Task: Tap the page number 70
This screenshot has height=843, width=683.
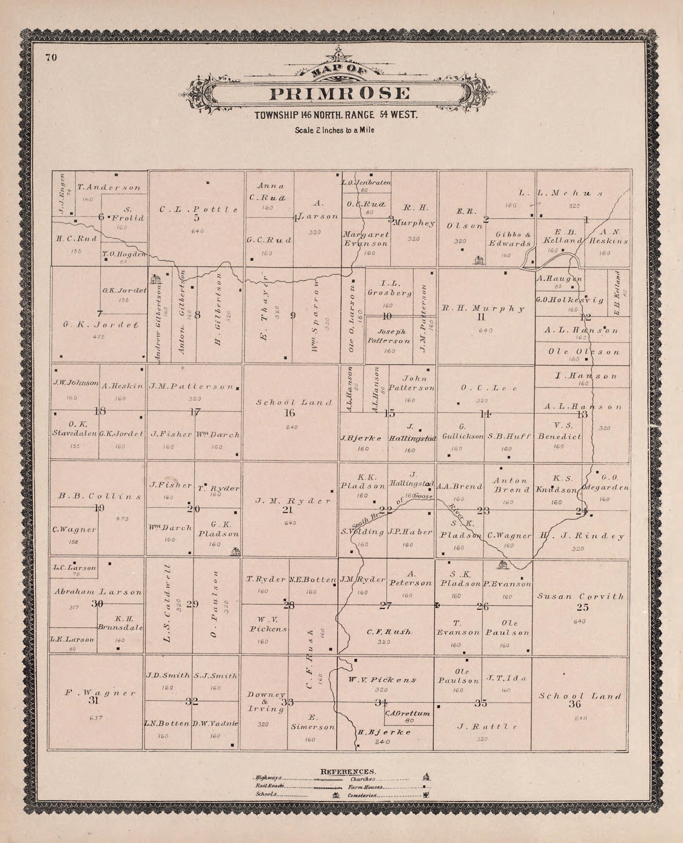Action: tap(51, 57)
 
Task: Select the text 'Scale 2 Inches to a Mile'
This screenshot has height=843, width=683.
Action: tap(335, 130)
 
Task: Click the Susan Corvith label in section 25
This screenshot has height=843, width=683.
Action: tap(580, 596)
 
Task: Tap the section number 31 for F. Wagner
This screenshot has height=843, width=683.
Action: tap(93, 700)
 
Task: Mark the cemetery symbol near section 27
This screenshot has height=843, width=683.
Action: tap(437, 605)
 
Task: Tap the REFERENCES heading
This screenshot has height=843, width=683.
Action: tap(348, 771)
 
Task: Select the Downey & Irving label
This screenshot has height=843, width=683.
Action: tap(266, 702)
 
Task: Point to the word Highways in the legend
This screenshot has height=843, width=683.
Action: tap(268, 777)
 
